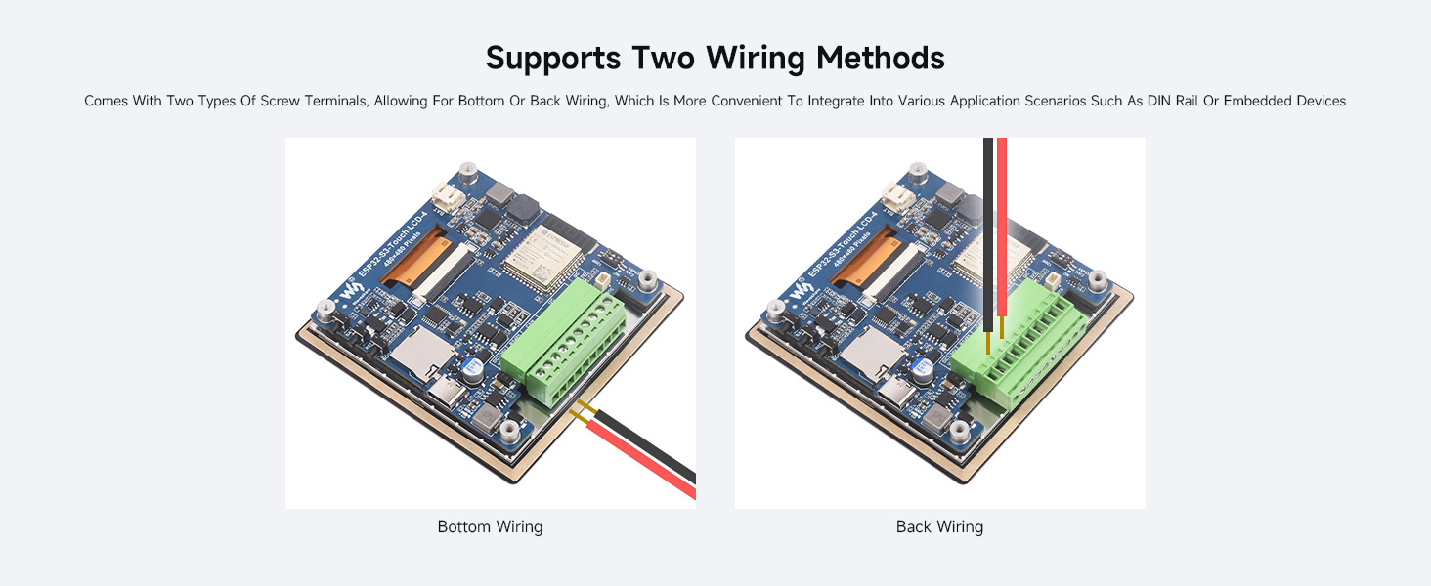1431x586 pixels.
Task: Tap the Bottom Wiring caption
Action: coord(490,527)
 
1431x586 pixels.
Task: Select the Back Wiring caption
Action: coord(939,527)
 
